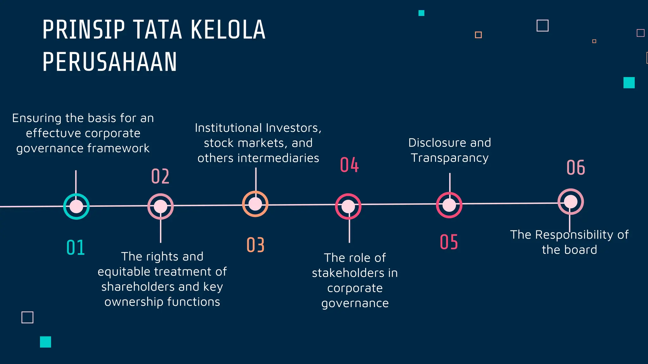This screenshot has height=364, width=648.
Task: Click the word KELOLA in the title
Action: (x=228, y=30)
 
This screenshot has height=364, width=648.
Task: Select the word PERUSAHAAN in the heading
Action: (x=109, y=62)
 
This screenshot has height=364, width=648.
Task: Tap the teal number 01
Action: (x=76, y=247)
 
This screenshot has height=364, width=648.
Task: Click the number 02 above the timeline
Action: (x=160, y=176)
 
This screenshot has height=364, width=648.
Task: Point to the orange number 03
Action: (x=255, y=245)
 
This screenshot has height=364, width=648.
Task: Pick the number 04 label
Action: (x=349, y=165)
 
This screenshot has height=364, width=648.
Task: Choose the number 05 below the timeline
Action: (x=449, y=242)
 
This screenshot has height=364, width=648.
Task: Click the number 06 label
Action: (x=576, y=167)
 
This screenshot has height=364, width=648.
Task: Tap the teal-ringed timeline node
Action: (x=76, y=206)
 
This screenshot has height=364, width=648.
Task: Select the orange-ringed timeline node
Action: (x=255, y=204)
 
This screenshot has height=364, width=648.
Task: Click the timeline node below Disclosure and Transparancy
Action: (x=449, y=205)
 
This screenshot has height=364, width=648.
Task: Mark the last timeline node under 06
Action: (x=570, y=202)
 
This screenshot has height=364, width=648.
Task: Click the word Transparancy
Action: (x=450, y=158)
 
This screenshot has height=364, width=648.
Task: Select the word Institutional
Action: (x=228, y=128)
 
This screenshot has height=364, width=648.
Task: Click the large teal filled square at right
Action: (x=629, y=83)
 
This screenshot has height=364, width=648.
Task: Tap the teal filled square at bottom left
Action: (x=46, y=342)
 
